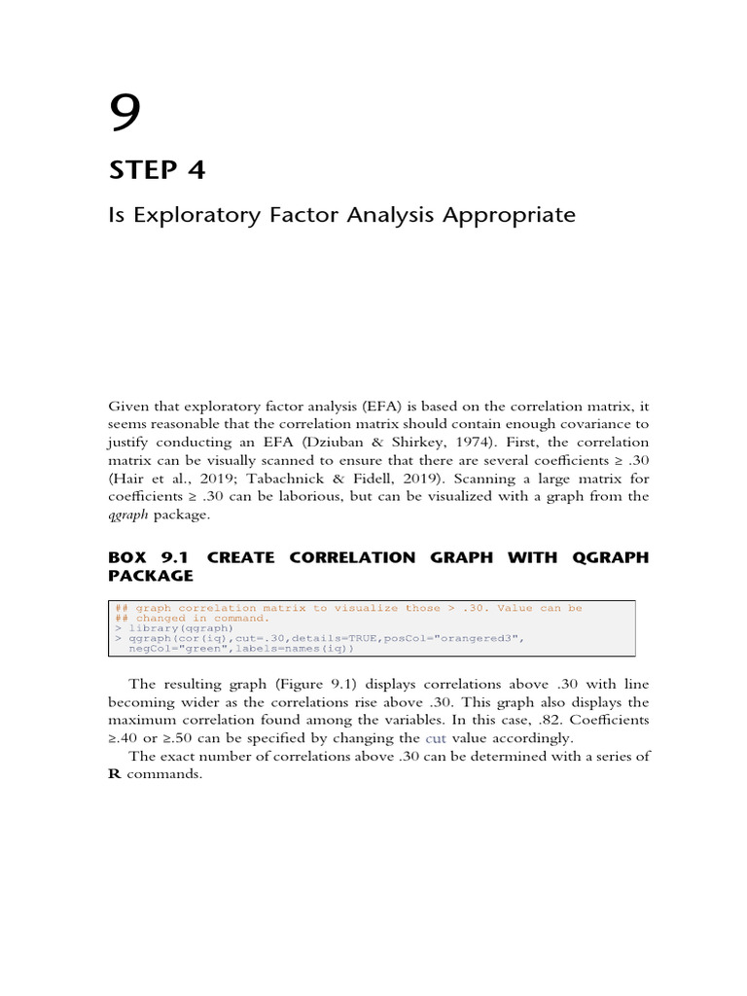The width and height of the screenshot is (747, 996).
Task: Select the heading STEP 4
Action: tap(157, 170)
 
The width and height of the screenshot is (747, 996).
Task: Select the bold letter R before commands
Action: tap(114, 775)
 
